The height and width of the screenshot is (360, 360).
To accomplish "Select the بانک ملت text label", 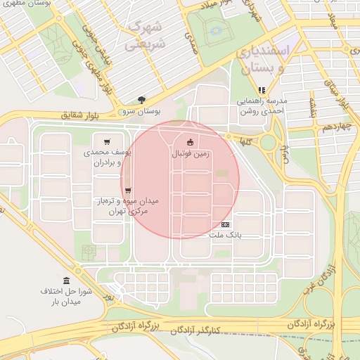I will (x=225, y=235).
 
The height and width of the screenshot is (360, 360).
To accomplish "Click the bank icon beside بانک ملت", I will (x=225, y=224).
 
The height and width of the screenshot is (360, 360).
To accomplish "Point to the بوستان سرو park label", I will (x=141, y=111).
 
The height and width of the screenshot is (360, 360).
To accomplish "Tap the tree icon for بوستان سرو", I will (x=141, y=100).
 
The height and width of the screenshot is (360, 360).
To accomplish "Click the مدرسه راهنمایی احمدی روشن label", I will (x=261, y=105).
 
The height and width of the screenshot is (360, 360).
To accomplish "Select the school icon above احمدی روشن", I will (x=262, y=90).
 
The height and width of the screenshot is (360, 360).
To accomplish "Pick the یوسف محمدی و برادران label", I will (x=108, y=157).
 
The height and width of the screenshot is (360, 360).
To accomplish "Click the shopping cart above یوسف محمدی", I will (x=107, y=141).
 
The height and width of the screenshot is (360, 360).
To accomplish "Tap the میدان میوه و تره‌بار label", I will (x=128, y=205).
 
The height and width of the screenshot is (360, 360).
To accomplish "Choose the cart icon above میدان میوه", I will (x=127, y=190).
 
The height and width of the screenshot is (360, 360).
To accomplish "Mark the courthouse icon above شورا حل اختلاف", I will (x=66, y=281).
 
